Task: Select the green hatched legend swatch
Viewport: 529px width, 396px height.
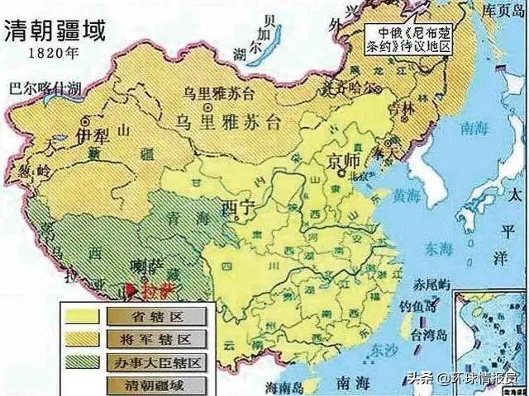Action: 82,361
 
